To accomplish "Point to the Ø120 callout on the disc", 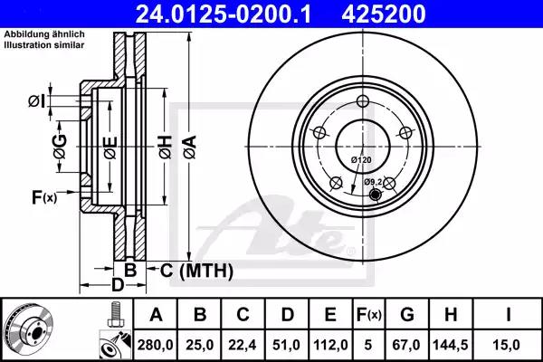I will point(361,160).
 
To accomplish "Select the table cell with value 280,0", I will point(155,344).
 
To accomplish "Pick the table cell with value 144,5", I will point(450,344).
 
